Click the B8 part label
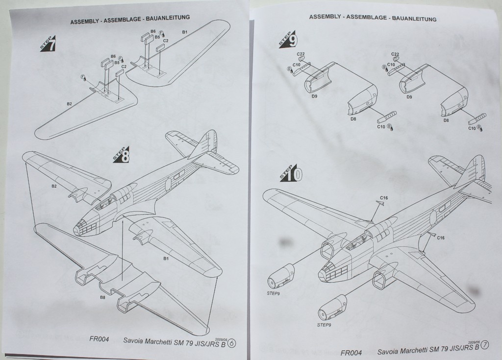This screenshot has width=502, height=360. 102,297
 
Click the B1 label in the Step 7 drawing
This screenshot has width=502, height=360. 185,32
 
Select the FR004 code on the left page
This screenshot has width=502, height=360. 99,339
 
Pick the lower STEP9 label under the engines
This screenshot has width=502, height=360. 324,324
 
